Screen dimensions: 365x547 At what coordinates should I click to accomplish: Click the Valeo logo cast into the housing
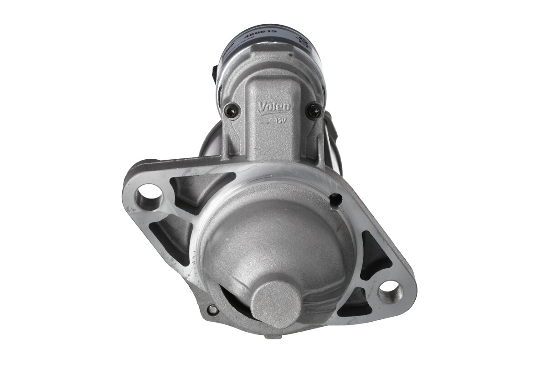[274, 107]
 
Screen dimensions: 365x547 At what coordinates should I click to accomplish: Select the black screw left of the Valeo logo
[231, 109]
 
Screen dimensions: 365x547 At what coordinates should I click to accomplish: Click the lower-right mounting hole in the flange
[390, 291]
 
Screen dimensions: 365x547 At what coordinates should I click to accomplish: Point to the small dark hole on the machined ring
[336, 199]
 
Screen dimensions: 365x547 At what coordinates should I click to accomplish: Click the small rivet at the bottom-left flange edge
[212, 310]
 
